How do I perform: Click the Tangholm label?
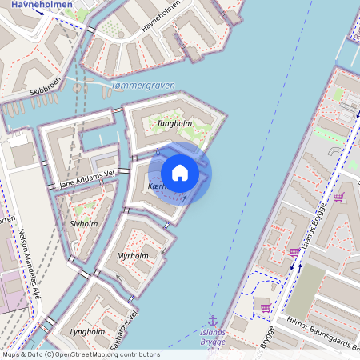click(174, 124)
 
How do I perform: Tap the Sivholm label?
click(83, 224)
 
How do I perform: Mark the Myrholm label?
click(133, 256)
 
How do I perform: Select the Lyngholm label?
click(87, 331)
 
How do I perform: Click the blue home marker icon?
click(180, 173)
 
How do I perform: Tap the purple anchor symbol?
click(213, 319)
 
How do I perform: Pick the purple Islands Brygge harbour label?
click(213, 336)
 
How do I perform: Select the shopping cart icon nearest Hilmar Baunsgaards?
click(266, 306)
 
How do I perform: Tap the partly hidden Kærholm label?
click(157, 186)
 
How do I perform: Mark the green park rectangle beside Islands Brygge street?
click(305, 293)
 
